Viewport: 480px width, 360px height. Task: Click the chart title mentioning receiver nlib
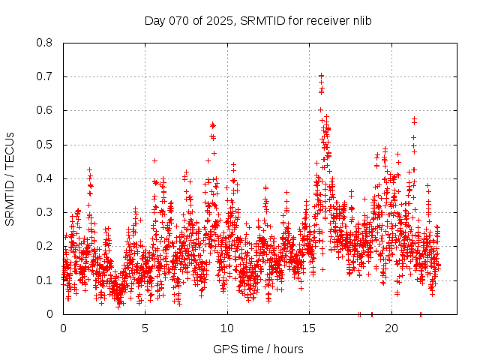258,20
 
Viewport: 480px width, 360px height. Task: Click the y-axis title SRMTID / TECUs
10,178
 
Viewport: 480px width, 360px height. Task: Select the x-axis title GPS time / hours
258,349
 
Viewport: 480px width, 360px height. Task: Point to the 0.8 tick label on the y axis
45,43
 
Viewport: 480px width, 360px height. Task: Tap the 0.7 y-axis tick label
45,76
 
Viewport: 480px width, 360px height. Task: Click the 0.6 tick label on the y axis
45,110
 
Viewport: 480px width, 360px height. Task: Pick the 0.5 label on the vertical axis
45,145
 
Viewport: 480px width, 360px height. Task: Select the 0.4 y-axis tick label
45,178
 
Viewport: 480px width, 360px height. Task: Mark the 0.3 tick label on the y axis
45,212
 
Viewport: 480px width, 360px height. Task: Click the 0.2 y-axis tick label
45,246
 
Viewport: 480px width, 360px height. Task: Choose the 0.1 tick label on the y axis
45,280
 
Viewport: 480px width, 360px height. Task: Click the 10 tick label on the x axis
227,328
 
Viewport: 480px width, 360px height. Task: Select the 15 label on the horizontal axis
309,328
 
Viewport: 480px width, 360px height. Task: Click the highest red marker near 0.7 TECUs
321,76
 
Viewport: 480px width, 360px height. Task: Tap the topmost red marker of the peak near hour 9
213,124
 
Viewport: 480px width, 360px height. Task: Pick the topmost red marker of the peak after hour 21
414,118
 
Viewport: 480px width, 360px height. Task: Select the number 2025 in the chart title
217,20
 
